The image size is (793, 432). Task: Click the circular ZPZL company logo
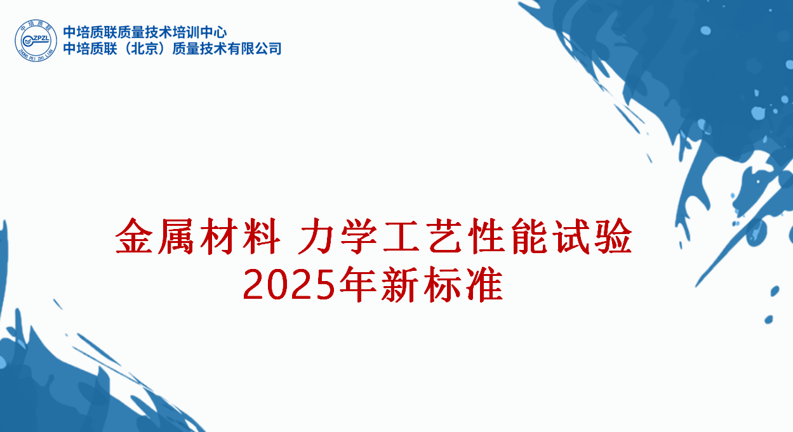point(36,40)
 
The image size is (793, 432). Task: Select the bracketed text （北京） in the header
point(136,49)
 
